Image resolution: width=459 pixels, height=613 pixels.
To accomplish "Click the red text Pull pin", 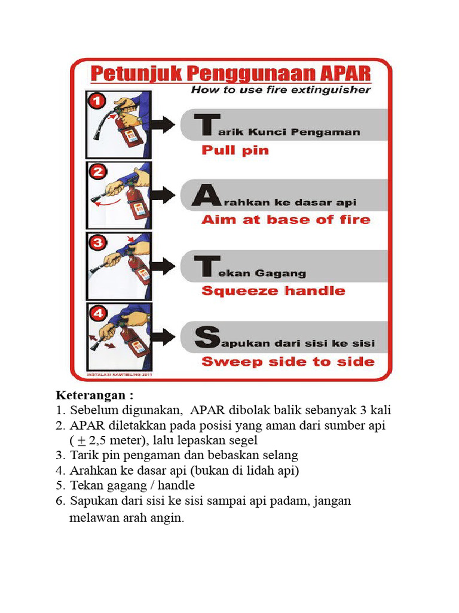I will (x=235, y=150).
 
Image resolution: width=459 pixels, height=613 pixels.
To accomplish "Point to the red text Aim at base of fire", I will (x=286, y=220).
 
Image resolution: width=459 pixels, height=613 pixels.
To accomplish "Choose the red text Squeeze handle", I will (x=273, y=291).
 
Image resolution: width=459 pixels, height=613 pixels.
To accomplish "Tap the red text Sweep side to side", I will (x=287, y=362).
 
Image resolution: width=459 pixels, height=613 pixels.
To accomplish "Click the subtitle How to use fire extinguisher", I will (x=280, y=90).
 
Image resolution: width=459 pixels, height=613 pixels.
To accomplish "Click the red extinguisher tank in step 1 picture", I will (x=130, y=135).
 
